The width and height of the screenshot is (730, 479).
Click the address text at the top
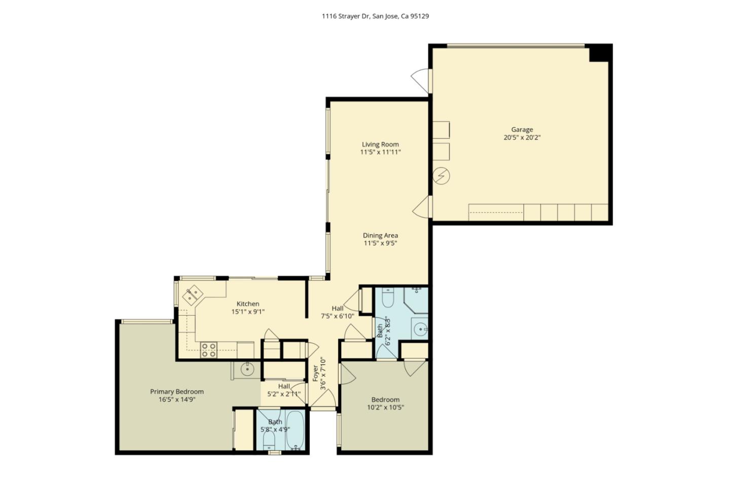(375, 16)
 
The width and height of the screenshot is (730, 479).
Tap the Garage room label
(522, 130)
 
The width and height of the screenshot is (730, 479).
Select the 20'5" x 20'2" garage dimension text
(522, 137)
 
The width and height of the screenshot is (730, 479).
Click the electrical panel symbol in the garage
(442, 176)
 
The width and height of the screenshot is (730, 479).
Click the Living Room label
(380, 144)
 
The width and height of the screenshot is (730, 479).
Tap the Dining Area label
(380, 236)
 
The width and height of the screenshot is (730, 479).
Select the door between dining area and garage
(423, 208)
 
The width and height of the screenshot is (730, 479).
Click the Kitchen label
(248, 304)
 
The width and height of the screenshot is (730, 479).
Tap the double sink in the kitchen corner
(193, 296)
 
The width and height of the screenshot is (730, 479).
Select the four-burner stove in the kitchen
(209, 350)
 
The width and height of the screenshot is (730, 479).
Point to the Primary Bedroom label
(177, 392)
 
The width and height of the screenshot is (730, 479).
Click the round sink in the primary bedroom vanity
(247, 370)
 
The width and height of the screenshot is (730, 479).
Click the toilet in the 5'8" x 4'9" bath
(269, 438)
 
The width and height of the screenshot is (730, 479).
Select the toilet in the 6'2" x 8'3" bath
(387, 299)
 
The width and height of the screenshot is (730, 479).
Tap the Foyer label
(316, 374)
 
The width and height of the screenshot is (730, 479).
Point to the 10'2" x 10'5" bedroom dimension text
(385, 408)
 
